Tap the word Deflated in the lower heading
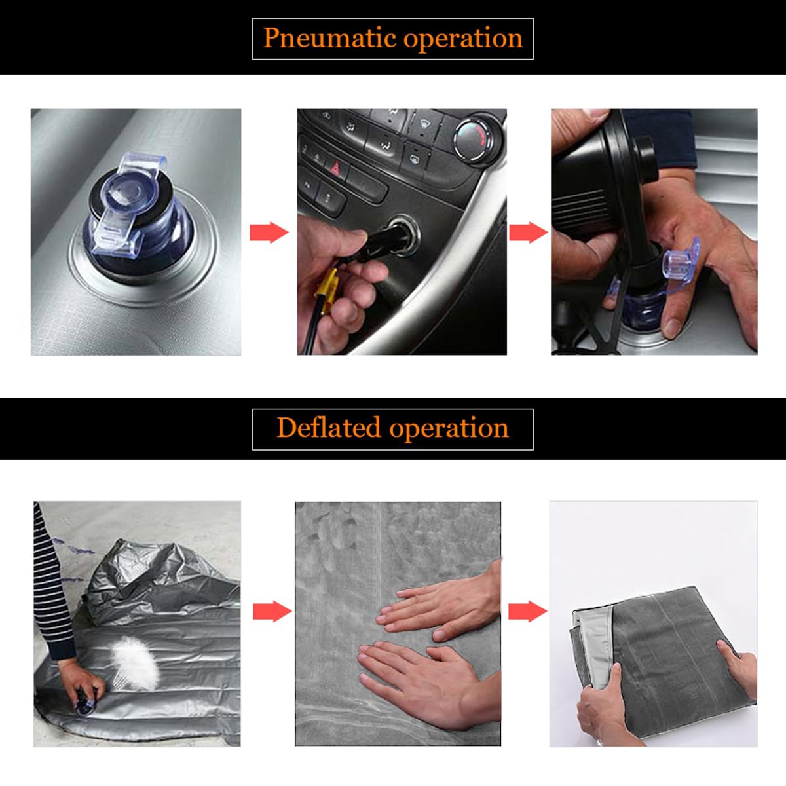329,428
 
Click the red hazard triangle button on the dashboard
335,168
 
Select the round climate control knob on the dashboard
474,139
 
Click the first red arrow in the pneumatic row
269,233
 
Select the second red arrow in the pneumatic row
528,233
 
